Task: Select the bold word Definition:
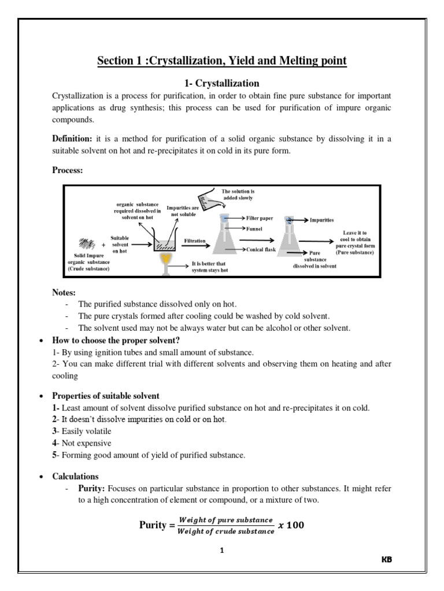(x=72, y=138)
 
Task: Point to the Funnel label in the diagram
(x=254, y=229)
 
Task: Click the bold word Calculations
(x=75, y=477)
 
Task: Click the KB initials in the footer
(x=387, y=560)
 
